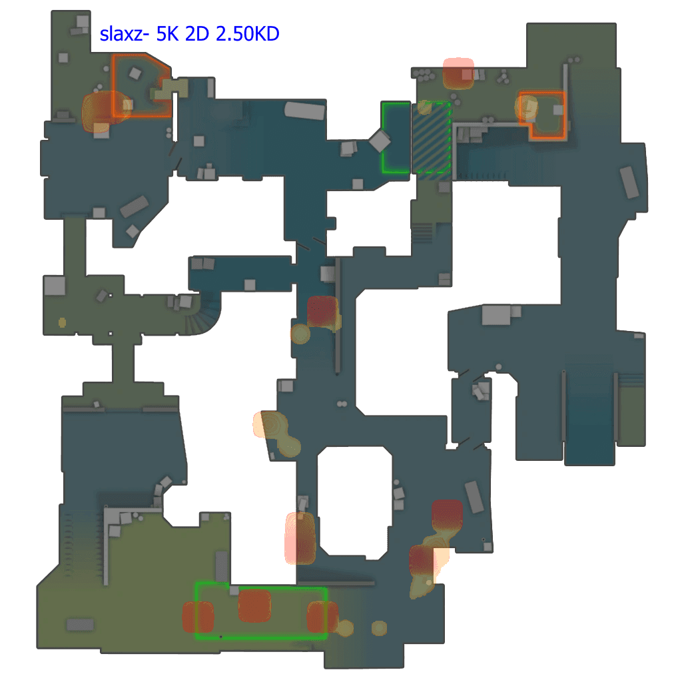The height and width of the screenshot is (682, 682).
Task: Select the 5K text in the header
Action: pos(167,34)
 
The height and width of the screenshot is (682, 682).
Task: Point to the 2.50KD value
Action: pos(246,34)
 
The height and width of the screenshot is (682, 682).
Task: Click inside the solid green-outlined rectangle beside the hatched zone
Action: pos(396,138)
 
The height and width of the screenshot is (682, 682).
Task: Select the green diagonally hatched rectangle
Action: pos(432,138)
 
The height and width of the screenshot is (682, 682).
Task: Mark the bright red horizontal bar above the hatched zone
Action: pos(458,63)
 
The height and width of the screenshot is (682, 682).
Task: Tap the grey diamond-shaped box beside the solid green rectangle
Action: pos(380,142)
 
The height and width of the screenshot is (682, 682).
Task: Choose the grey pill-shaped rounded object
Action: pos(304,111)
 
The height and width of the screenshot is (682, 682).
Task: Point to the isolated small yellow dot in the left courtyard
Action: pos(63,322)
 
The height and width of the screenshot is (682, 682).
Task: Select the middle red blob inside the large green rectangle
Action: pos(254,606)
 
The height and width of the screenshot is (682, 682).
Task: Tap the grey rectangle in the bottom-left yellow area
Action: pos(80,625)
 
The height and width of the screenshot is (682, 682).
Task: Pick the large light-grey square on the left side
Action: pos(55,286)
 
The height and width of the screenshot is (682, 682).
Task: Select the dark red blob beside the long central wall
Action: pos(322,312)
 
